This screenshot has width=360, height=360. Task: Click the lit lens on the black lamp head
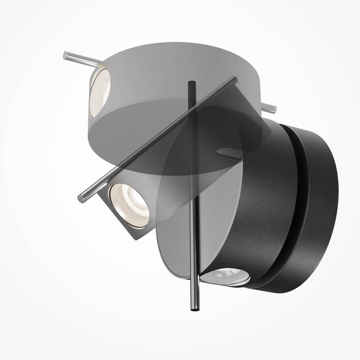click(x=227, y=275)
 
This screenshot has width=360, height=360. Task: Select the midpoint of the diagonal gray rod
click(x=158, y=137)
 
